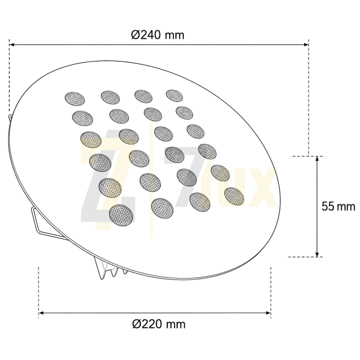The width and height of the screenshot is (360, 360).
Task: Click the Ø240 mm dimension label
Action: (157, 35)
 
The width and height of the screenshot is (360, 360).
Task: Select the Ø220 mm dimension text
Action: (159, 324)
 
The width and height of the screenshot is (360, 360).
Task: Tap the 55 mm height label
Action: (338, 206)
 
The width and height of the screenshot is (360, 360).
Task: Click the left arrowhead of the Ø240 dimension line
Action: (12, 45)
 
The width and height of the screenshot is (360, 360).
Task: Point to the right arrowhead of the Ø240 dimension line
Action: (306, 45)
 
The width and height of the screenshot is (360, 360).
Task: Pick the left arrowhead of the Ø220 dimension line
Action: (42, 313)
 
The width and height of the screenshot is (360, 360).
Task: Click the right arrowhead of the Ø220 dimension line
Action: (268, 313)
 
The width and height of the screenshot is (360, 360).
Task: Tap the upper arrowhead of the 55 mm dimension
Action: (317, 159)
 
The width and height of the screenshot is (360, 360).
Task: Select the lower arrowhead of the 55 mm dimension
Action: (317, 254)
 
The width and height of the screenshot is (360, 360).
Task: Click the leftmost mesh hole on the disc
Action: (75, 99)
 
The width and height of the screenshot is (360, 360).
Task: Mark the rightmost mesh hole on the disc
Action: (234, 196)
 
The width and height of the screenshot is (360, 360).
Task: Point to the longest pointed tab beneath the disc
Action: (100, 268)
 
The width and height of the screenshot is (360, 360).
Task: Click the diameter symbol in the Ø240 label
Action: (136, 35)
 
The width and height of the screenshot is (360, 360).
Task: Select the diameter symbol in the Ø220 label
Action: (137, 324)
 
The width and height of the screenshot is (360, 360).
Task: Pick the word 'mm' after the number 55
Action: (346, 207)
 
